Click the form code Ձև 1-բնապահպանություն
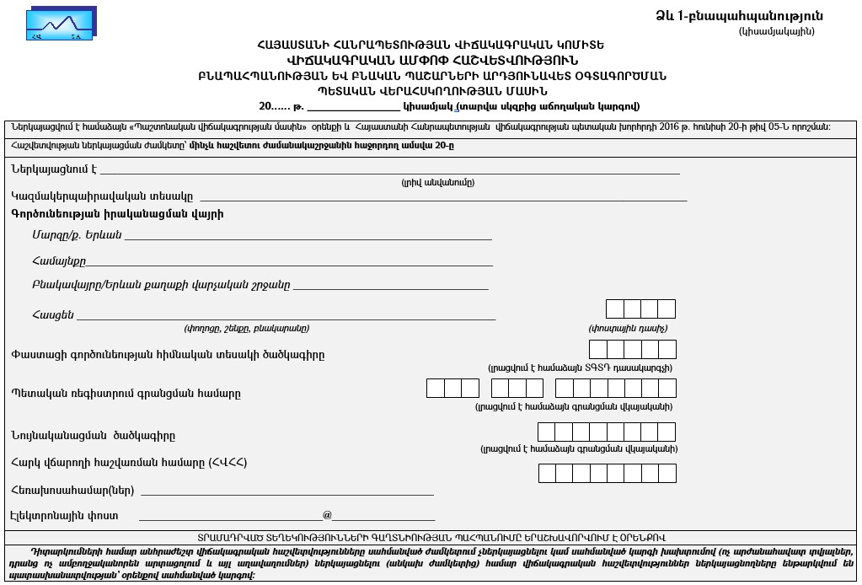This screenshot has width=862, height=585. tap(739, 16)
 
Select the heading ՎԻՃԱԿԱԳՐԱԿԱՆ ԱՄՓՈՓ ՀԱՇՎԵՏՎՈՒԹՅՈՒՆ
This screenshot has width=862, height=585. tap(433, 60)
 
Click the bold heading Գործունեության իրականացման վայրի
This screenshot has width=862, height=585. tap(117, 214)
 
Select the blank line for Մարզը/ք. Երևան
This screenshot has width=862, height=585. tap(308, 237)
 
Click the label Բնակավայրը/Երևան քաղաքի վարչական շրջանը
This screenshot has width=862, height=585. tap(161, 285)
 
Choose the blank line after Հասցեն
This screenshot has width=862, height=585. tap(286, 318)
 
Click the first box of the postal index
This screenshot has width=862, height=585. tap(614, 309)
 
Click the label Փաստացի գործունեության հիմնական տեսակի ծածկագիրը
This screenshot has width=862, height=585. tap(168, 354)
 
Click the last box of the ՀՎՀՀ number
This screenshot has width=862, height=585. tap(667, 473)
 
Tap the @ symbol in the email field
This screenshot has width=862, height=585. tap(327, 515)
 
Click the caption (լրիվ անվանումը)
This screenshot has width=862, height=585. tap(437, 182)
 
